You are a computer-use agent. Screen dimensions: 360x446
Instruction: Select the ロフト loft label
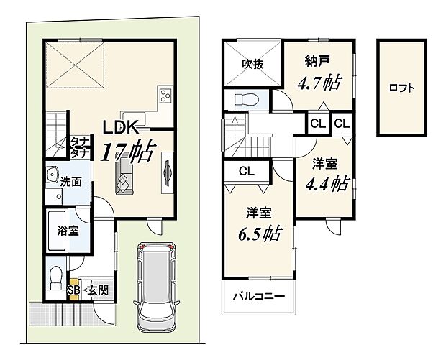click(401, 88)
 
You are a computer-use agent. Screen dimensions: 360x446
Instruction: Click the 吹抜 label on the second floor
click(252, 64)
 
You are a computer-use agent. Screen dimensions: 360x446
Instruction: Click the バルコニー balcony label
click(258, 297)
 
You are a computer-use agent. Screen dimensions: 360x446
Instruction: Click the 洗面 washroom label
click(69, 183)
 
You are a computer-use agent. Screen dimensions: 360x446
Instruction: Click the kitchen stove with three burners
click(165, 96)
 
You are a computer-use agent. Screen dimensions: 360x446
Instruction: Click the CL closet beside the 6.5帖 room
click(245, 171)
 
